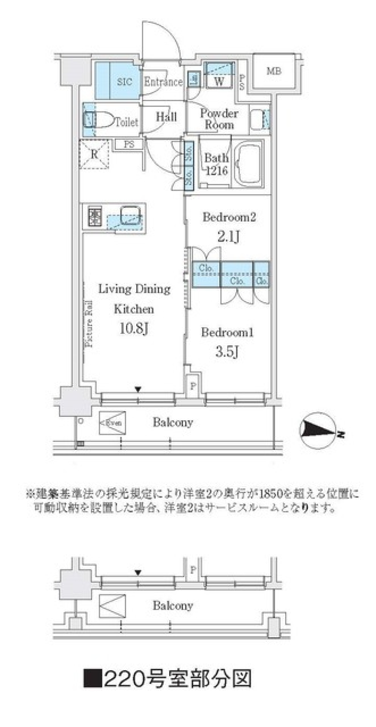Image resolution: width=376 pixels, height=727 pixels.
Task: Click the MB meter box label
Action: coord(274,71)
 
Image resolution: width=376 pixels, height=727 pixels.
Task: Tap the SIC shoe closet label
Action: coord(125,82)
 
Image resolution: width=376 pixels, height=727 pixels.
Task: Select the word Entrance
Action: coord(163,82)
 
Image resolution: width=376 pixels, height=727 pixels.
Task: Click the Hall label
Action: coord(166,116)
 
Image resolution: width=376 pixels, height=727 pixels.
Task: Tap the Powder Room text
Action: coord(219,119)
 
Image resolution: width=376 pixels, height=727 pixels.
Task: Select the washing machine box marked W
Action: coord(219,81)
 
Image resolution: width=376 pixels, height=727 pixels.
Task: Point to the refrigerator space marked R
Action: coord(94,154)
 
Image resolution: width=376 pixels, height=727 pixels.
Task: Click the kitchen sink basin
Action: coord(130,215)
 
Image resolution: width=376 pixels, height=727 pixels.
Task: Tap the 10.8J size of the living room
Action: coord(134,328)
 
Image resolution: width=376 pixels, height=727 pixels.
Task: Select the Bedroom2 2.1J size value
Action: coord(229,236)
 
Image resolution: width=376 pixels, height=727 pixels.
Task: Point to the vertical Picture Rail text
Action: coord(89,323)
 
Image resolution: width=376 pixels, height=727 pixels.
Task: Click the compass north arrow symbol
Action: coord(318,430)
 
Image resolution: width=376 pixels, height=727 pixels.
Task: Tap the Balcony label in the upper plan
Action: coord(173,422)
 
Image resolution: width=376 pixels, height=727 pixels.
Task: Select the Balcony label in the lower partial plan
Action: coord(173,606)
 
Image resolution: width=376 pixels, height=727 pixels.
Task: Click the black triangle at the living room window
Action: coord(138,389)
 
